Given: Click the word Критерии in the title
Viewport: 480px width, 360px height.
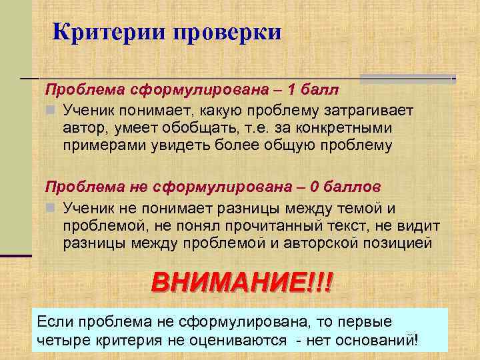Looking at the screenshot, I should pos(109,32).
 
